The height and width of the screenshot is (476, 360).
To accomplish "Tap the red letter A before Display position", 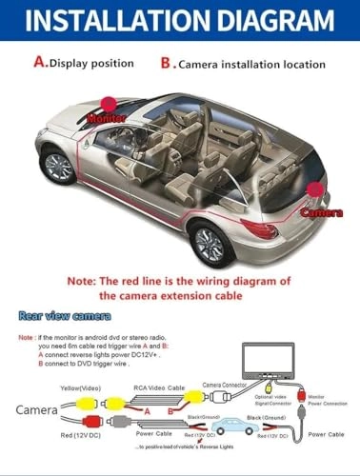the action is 41,63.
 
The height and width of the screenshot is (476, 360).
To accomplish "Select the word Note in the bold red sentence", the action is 83,283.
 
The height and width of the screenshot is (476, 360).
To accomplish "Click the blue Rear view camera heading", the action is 64,315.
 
